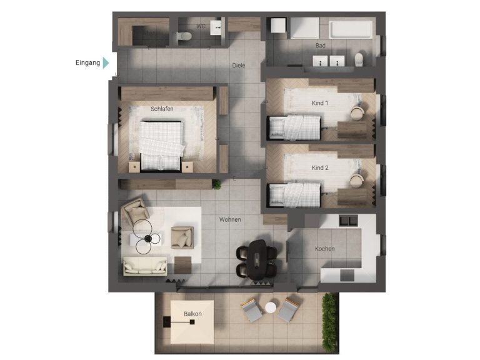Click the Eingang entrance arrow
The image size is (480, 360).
(x=106, y=62)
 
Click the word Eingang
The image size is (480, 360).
(x=87, y=62)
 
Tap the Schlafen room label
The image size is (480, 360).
(x=161, y=109)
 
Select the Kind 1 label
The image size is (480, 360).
(x=320, y=102)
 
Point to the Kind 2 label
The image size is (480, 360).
(x=320, y=168)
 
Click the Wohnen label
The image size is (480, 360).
(x=230, y=219)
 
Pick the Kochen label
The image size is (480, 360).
(x=324, y=249)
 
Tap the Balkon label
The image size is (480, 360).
(x=192, y=314)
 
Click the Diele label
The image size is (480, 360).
(x=238, y=64)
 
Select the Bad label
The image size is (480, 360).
(x=321, y=46)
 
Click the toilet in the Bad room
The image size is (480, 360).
(x=359, y=59)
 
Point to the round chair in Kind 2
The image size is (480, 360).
(x=357, y=179)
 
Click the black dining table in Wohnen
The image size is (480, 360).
(x=256, y=258)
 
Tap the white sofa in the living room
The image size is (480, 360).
(x=145, y=266)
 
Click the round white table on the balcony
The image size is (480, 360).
(x=270, y=307)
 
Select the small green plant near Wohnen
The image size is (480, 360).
(x=217, y=184)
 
